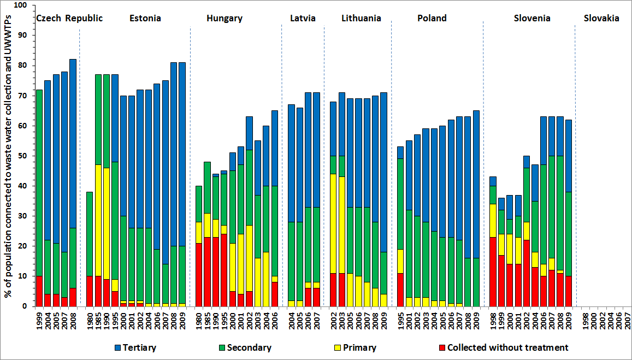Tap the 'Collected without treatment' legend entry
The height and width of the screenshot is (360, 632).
[503, 347]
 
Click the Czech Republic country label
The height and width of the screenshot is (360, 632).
[69, 18]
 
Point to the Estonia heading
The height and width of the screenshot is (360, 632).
[145, 18]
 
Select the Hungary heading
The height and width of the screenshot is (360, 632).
[225, 18]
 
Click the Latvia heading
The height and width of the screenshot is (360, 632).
[303, 18]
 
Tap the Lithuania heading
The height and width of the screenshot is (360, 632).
[361, 18]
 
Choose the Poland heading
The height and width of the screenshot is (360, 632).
[432, 18]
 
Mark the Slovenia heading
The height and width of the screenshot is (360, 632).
[532, 18]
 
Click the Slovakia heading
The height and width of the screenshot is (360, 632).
[601, 18]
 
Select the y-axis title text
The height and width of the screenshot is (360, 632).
[9, 156]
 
